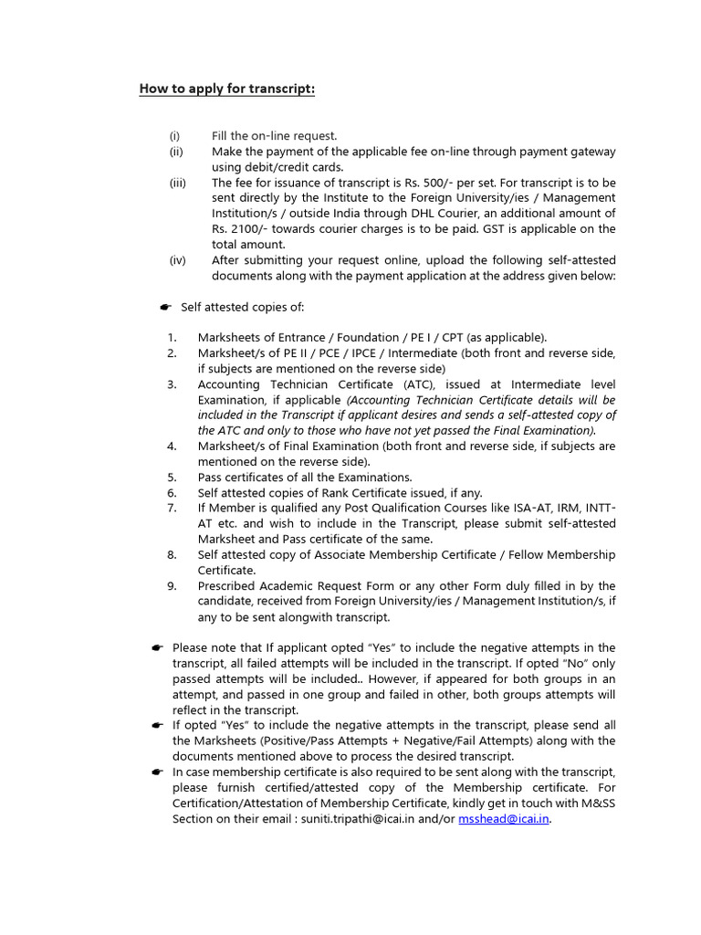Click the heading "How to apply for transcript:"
(226, 89)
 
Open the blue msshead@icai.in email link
(504, 819)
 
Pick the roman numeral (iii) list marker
(177, 183)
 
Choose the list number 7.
(172, 508)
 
